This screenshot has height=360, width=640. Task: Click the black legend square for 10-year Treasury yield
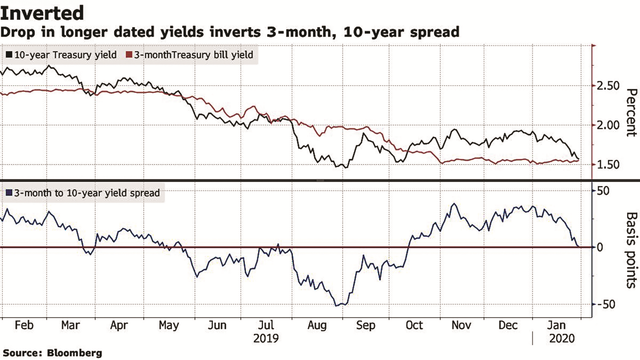click(9, 55)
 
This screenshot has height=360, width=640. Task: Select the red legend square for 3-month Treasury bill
click(129, 55)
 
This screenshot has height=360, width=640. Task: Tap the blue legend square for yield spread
click(9, 193)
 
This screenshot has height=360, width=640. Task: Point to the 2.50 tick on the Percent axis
click(608, 86)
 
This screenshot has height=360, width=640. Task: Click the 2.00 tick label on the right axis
click(608, 125)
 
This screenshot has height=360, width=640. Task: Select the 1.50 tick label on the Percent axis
click(608, 164)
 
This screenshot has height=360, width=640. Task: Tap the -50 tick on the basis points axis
click(606, 304)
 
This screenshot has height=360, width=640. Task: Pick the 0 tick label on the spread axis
click(600, 247)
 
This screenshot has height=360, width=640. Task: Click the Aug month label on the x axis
click(317, 325)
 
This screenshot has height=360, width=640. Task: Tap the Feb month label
click(24, 325)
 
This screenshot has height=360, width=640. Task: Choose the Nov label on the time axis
click(461, 325)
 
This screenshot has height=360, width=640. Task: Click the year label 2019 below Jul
click(266, 338)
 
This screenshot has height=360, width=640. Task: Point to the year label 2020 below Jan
click(562, 338)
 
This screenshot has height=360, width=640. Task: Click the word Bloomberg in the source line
click(74, 353)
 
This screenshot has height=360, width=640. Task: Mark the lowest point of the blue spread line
click(337, 306)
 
